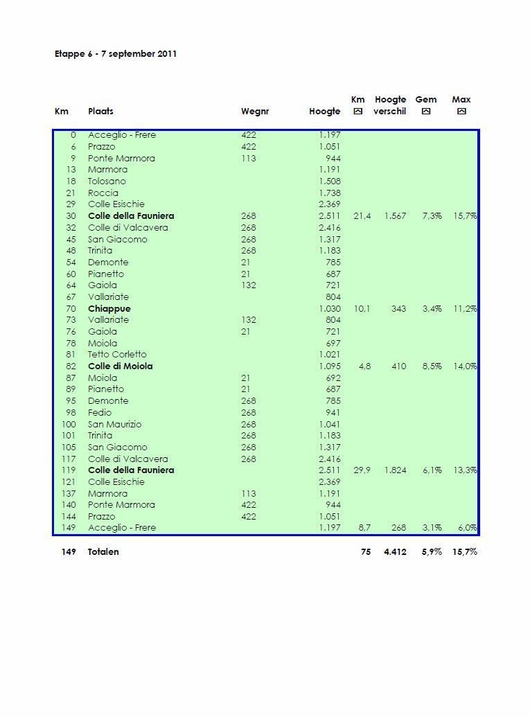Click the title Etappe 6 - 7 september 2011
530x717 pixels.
[x=116, y=53]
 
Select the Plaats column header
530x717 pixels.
[x=100, y=111]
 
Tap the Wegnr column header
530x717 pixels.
[x=255, y=111]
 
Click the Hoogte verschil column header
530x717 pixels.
[x=390, y=105]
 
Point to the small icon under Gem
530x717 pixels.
[x=426, y=111]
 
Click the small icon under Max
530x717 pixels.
[x=461, y=111]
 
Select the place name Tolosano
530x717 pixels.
[x=107, y=181]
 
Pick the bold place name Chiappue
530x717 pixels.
[x=109, y=308]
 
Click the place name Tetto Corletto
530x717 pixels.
[x=117, y=354]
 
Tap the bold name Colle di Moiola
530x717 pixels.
[x=120, y=366]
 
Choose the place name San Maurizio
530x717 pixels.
[x=114, y=424]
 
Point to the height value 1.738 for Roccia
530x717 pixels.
[x=330, y=193]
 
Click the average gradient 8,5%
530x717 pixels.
[x=432, y=366]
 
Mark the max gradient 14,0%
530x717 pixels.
[x=465, y=366]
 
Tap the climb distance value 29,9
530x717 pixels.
[x=362, y=470]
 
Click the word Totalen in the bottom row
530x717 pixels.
[x=103, y=551]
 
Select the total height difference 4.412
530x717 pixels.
[x=395, y=551]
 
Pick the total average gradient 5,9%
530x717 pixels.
[x=432, y=551]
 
